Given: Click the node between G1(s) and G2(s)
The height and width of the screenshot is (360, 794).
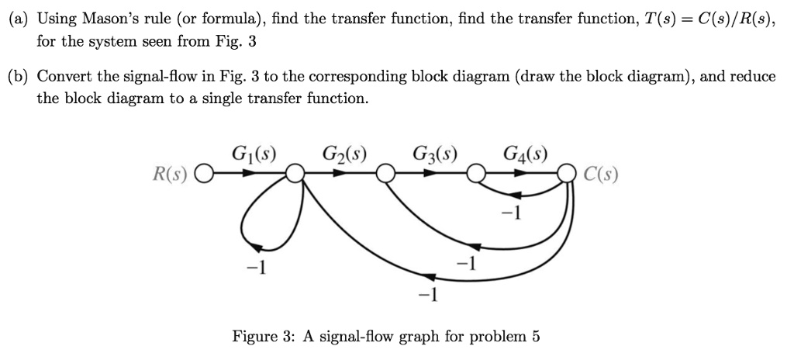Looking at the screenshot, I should (294, 176).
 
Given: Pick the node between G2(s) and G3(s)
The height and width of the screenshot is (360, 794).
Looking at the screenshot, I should (385, 176).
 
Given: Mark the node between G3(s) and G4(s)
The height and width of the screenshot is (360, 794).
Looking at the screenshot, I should (476, 176).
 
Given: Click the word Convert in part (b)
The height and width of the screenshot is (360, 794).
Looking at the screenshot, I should (61, 76).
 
